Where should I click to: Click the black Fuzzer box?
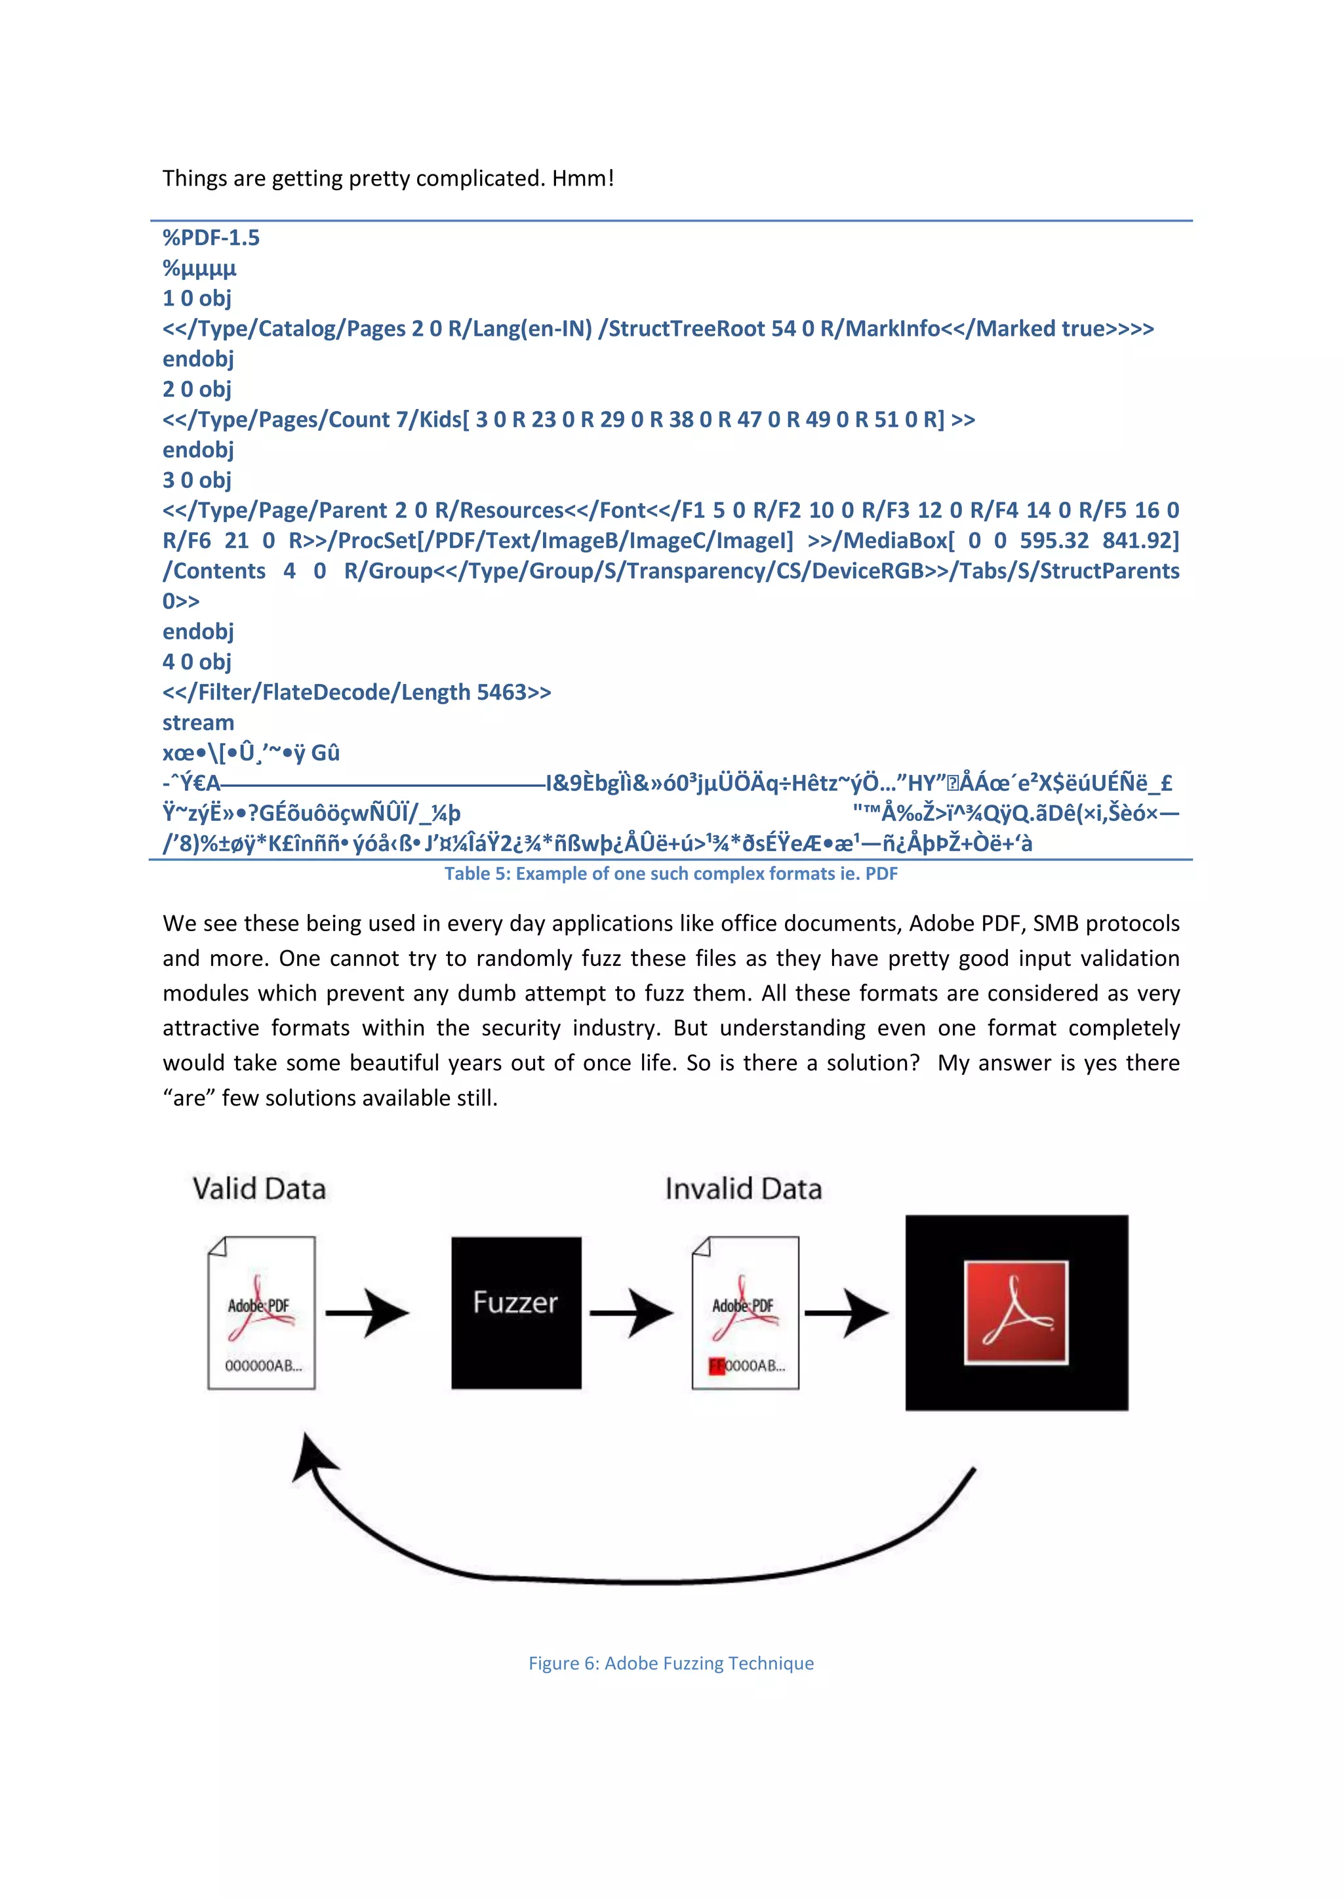pos(516,1313)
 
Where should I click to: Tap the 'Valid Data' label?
pos(259,1189)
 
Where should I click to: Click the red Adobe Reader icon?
pos(1016,1313)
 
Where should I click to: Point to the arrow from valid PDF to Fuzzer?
pos(367,1313)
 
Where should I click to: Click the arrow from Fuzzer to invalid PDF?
pos(631,1313)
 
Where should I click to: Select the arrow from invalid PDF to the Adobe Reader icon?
pos(846,1313)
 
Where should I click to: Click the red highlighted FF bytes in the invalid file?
pos(716,1365)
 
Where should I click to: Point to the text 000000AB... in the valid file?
pos(263,1365)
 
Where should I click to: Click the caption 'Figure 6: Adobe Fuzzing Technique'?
pos(671,1664)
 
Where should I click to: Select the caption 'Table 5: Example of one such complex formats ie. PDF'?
pos(671,874)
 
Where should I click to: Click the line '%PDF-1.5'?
pos(211,238)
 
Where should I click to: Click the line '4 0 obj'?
pos(197,662)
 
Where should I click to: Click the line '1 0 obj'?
pos(197,298)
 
